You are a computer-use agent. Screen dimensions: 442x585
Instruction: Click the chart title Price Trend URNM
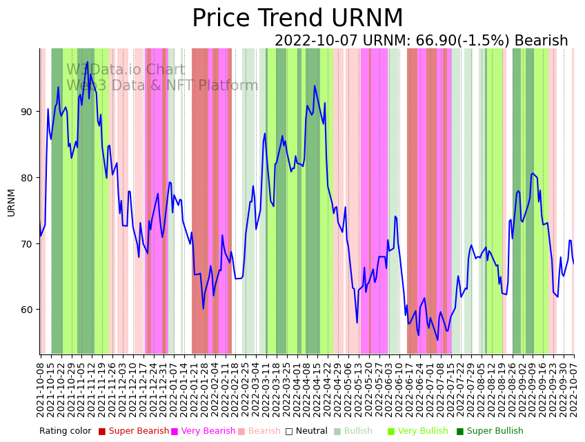(297, 19)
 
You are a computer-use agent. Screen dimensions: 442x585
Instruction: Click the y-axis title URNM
(11, 202)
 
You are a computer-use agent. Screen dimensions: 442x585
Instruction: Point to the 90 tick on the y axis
(30, 112)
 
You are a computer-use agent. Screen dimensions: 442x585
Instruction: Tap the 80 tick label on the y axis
(30, 178)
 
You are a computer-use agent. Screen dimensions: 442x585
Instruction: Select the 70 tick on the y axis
(30, 244)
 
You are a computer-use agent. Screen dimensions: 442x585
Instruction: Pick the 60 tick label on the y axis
(30, 310)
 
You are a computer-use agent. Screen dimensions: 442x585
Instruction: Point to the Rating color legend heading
(65, 431)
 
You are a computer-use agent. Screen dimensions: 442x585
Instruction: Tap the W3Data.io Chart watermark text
(126, 70)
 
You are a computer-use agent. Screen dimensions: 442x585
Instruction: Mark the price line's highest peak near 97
(87, 62)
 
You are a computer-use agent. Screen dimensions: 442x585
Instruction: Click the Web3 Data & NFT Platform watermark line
(162, 86)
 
